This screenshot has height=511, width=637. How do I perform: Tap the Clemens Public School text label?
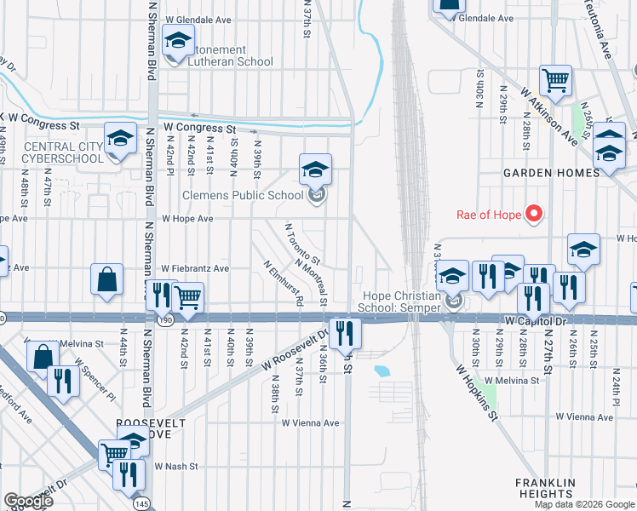click(244, 195)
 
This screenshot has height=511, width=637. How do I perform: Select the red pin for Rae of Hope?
click(533, 213)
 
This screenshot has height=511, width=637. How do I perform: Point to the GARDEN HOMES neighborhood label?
click(551, 173)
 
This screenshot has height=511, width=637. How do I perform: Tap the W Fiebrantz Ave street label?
click(195, 268)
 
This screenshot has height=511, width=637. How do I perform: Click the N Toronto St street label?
click(302, 244)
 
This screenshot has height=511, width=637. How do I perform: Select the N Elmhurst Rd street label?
click(284, 283)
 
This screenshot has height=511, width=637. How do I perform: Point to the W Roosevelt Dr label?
click(295, 348)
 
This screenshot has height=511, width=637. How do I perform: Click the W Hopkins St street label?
click(475, 393)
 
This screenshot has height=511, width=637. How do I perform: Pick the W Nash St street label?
click(175, 467)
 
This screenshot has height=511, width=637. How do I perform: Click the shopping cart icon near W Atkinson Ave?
click(555, 81)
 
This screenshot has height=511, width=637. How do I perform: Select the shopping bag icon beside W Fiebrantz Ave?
click(107, 279)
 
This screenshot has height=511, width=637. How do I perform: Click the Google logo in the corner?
click(28, 501)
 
